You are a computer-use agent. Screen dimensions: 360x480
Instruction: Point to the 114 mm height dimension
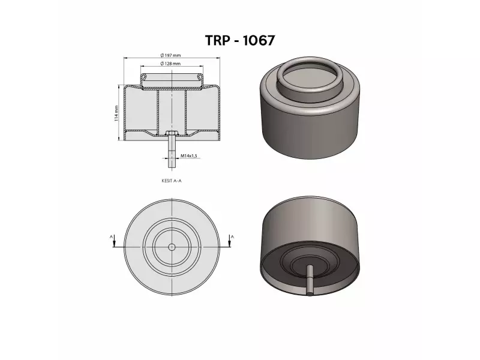pos(116,113)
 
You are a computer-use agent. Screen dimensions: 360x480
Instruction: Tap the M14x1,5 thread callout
pos(189,155)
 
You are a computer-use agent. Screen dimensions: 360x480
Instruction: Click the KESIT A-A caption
pos(172,179)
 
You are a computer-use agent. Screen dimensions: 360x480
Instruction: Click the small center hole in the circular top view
pos(172,247)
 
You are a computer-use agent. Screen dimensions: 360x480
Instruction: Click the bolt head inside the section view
pos(172,133)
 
